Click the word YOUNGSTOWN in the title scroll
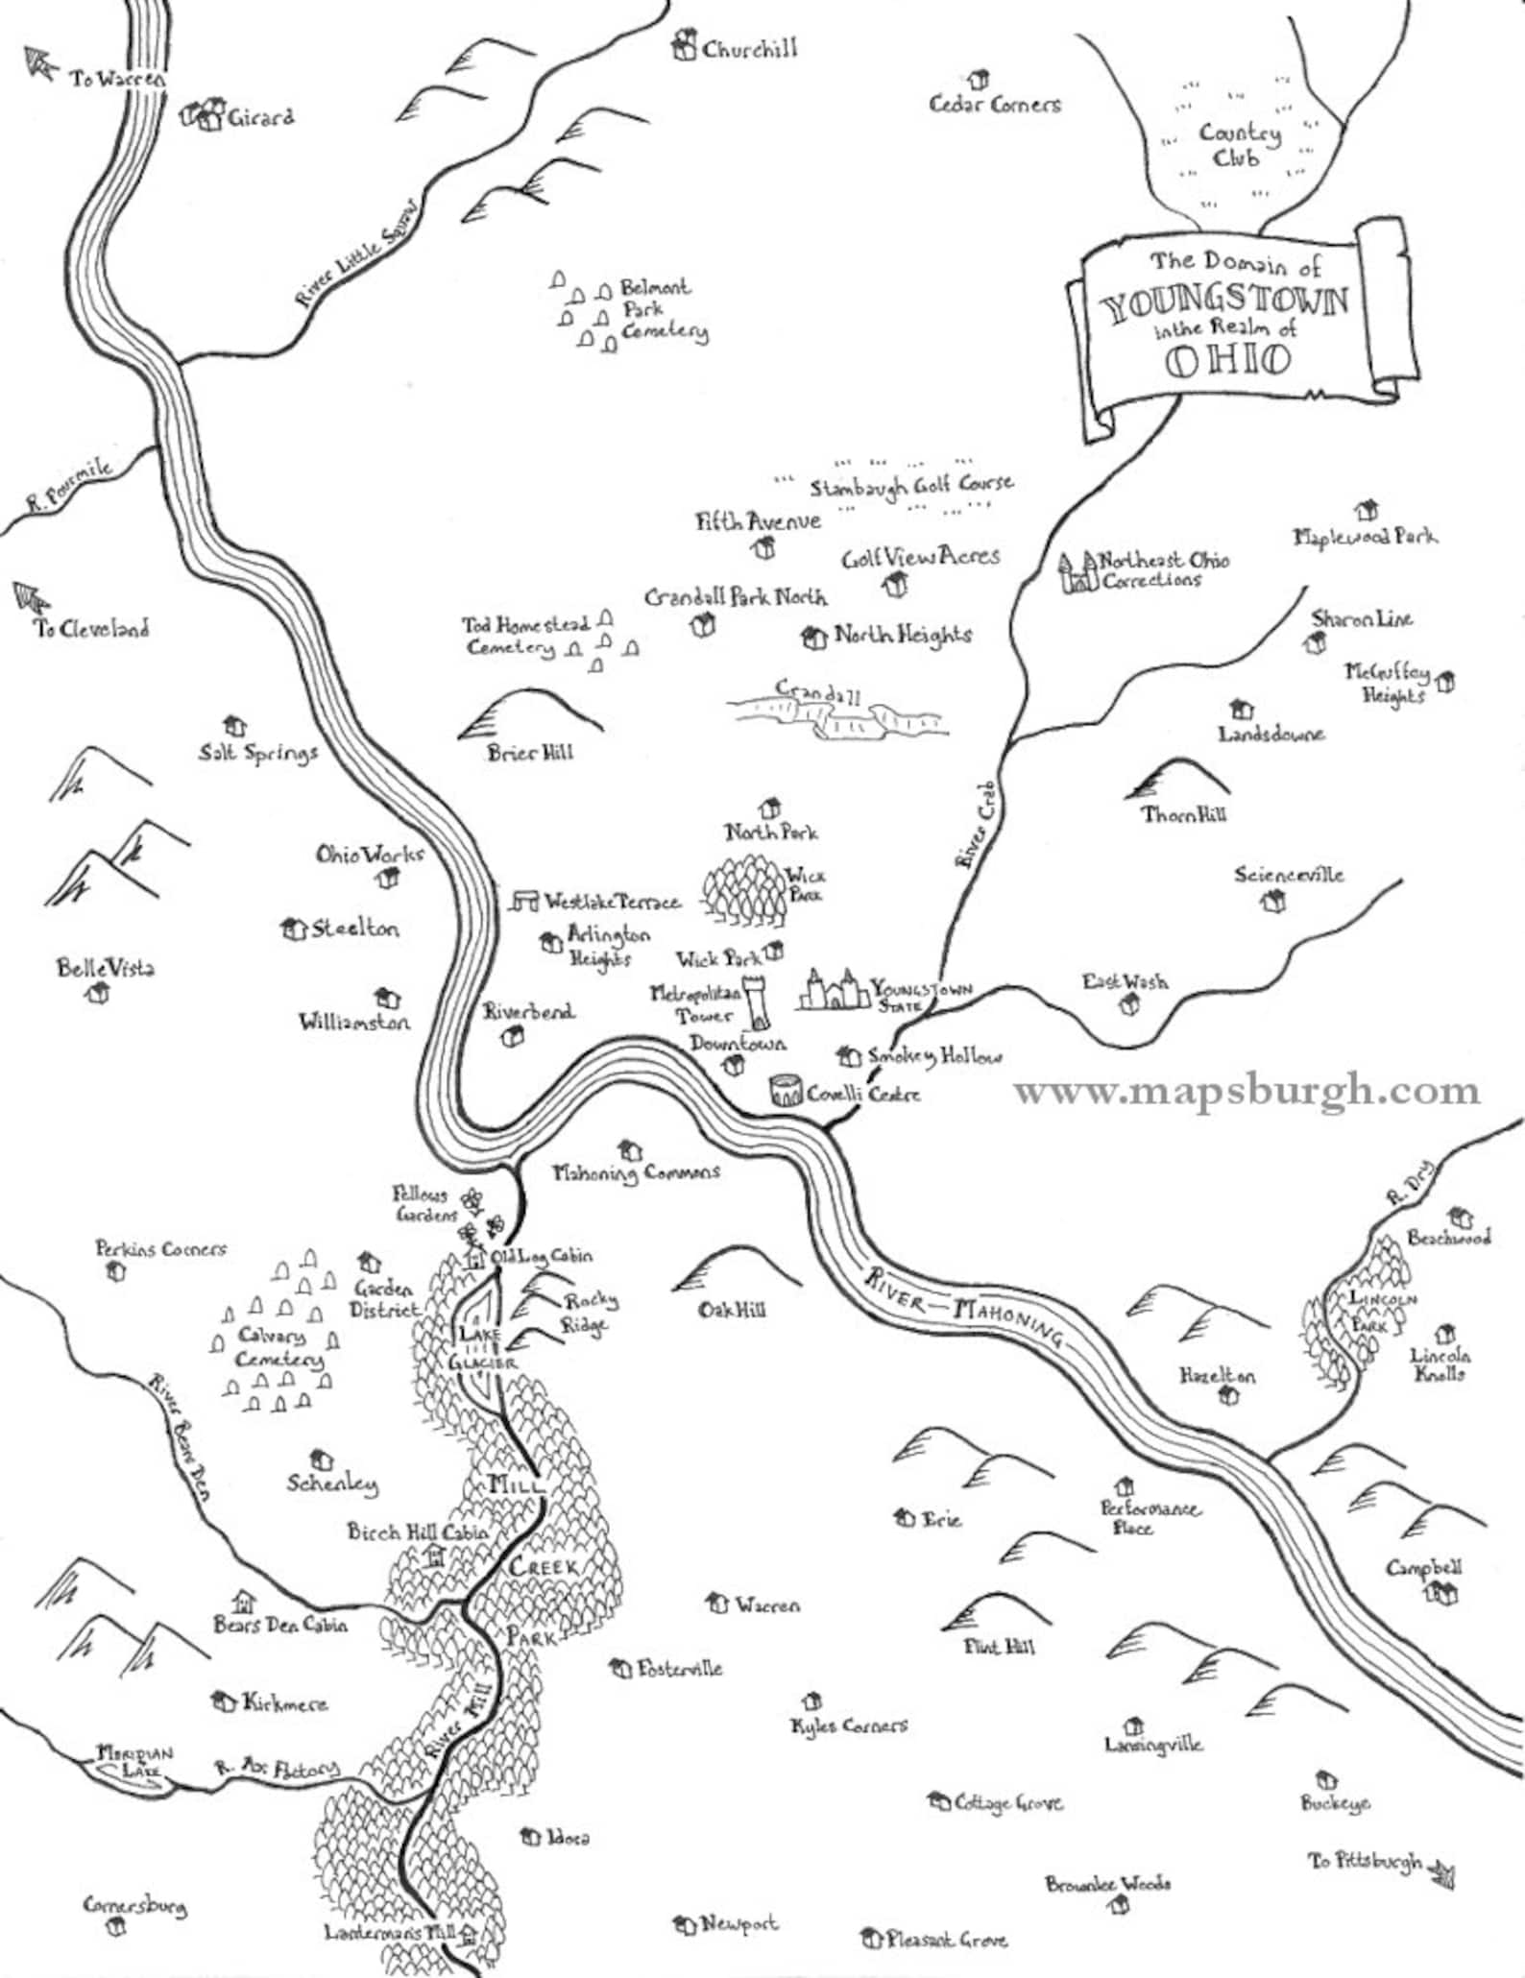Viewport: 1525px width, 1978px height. click(x=1224, y=304)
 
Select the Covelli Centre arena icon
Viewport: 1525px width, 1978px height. click(x=786, y=1090)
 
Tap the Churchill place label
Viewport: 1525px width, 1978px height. click(x=749, y=49)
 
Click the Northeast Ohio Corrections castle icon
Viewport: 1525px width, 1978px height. click(x=1076, y=572)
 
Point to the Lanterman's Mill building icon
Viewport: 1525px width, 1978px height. click(x=469, y=1931)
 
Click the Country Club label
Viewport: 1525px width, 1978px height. click(x=1239, y=145)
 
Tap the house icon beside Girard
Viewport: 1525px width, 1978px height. click(x=204, y=116)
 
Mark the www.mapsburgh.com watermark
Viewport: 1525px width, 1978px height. click(x=1247, y=1092)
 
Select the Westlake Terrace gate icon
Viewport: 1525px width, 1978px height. click(x=524, y=900)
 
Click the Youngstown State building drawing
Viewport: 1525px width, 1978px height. click(x=832, y=991)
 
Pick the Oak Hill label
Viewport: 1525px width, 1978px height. click(x=732, y=1310)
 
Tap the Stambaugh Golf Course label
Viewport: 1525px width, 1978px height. click(x=910, y=486)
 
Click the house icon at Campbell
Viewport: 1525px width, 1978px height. click(x=1440, y=1593)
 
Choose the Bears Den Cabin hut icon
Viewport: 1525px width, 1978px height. click(x=244, y=1601)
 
